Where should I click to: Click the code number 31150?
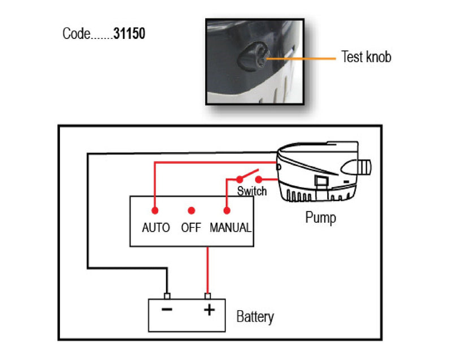(x=129, y=34)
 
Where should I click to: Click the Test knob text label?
(x=366, y=57)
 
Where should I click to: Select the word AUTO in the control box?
(x=155, y=228)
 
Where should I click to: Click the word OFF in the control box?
(x=191, y=228)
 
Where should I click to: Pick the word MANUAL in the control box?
(x=231, y=228)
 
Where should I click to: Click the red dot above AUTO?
(x=155, y=210)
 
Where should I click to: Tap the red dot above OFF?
(x=191, y=210)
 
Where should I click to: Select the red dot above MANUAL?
(x=227, y=210)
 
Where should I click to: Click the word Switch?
(x=251, y=191)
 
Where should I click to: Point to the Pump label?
(x=320, y=217)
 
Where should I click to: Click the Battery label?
(x=255, y=316)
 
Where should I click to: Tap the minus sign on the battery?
(x=167, y=310)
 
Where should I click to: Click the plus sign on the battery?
(x=208, y=310)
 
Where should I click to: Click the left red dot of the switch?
(x=239, y=179)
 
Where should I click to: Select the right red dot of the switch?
(x=258, y=179)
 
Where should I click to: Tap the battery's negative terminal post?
(x=167, y=296)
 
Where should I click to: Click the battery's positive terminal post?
(x=208, y=296)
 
